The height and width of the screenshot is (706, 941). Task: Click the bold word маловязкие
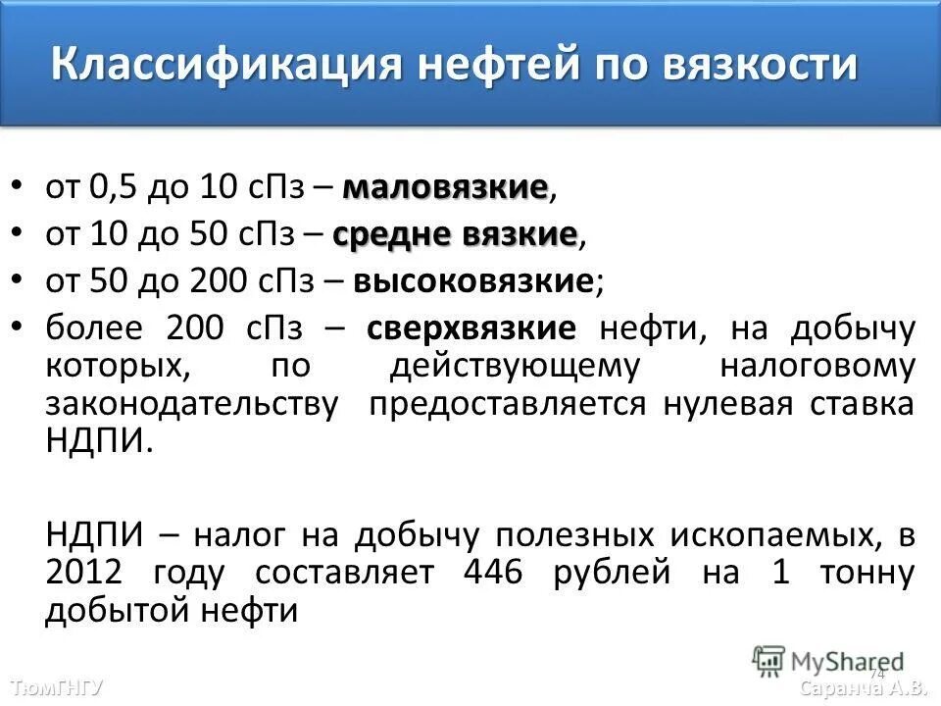point(445,186)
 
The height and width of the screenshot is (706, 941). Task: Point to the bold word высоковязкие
point(474,281)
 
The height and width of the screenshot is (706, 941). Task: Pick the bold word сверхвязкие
point(471,328)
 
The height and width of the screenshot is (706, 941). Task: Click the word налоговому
point(817,366)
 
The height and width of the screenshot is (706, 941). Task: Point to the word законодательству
point(192,404)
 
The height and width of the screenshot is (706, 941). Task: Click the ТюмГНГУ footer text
point(56,687)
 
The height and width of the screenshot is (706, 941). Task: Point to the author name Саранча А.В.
point(863,687)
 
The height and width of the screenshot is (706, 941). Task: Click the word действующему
point(514,366)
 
